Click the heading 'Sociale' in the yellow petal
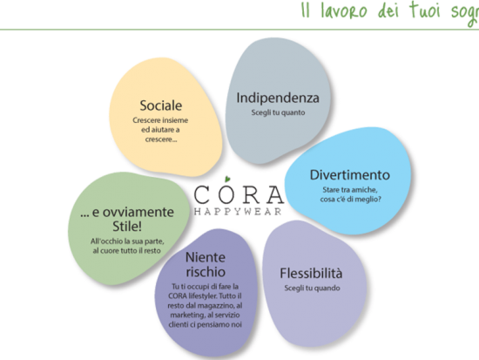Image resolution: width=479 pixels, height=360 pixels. [x=161, y=105]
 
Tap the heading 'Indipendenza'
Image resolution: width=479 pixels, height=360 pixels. [x=278, y=98]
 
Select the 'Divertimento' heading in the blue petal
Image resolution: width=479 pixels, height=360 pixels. [x=350, y=175]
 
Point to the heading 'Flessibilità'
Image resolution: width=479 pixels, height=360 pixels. [x=311, y=273]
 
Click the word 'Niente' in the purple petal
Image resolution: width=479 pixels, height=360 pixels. [x=206, y=257]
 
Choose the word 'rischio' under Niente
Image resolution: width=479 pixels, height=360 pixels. [x=206, y=272]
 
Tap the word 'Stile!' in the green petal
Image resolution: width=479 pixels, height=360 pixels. [x=127, y=227]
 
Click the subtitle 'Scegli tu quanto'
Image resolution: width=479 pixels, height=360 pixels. [x=278, y=112]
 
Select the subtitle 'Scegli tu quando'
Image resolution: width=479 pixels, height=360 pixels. [x=312, y=289]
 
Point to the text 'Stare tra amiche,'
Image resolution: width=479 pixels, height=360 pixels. [x=350, y=190]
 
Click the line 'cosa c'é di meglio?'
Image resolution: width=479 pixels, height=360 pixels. [x=350, y=199]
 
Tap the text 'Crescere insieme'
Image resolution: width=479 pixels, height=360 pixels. [x=160, y=120]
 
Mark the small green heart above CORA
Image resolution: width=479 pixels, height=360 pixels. [x=227, y=179]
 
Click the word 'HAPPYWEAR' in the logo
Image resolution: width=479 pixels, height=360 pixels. [x=238, y=212]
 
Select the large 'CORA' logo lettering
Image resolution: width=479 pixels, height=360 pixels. [x=239, y=194]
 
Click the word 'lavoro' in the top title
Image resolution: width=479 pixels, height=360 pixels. [x=343, y=11]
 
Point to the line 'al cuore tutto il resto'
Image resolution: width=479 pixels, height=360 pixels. [x=126, y=251]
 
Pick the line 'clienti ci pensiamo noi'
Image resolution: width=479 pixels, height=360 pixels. [x=205, y=324]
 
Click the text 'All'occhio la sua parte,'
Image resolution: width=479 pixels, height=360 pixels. [x=127, y=241]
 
